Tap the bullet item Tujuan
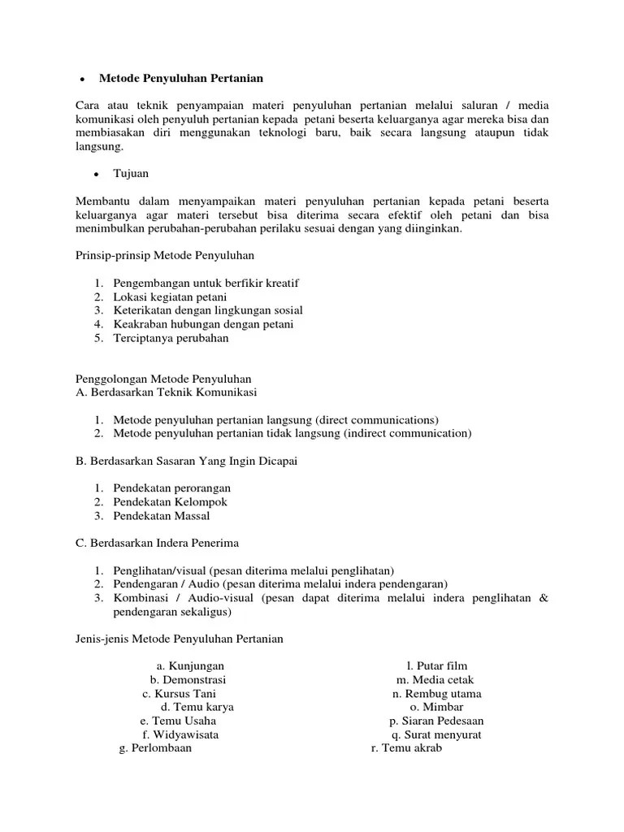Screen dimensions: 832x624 pyautogui.click(x=130, y=174)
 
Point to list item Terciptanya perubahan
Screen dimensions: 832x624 pyautogui.click(x=171, y=338)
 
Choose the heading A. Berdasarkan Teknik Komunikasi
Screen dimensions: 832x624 pyautogui.click(x=166, y=392)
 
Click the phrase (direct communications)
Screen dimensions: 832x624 pyautogui.click(x=377, y=420)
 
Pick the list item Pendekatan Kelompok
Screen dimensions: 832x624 pyautogui.click(x=170, y=502)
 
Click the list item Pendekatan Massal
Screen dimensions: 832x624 pyautogui.click(x=162, y=516)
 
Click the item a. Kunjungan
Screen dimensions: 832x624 pyautogui.click(x=190, y=666)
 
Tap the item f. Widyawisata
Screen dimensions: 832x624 pyautogui.click(x=180, y=734)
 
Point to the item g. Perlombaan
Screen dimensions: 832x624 pyautogui.click(x=155, y=748)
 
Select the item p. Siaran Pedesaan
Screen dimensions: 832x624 pyautogui.click(x=436, y=721)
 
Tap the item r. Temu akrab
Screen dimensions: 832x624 pyautogui.click(x=406, y=748)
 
